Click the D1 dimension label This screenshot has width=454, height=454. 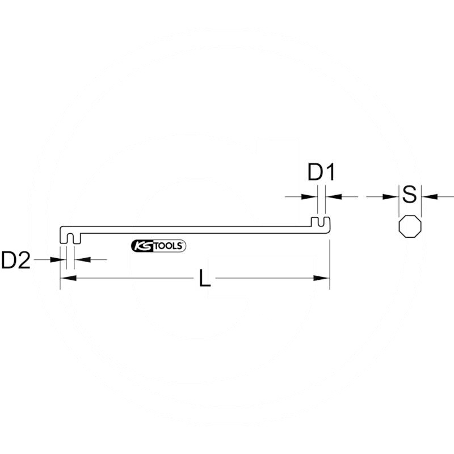click(322, 172)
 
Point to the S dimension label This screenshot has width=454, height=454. click(410, 195)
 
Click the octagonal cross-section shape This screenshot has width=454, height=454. click(410, 226)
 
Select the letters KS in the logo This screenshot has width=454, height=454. click(141, 246)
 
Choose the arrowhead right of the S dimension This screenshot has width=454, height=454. click(428, 196)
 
